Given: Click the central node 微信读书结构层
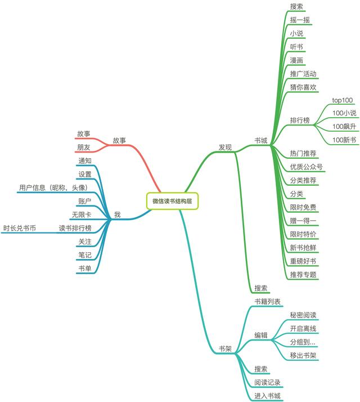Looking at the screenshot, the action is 172,201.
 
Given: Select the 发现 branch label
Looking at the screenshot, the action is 225,147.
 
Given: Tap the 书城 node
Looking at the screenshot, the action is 261,141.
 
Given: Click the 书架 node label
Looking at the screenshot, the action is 225,349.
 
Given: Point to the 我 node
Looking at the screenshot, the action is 118,215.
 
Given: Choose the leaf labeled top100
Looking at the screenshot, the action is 343,100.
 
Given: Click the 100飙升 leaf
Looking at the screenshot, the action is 344,126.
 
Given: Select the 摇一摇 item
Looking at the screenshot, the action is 300,20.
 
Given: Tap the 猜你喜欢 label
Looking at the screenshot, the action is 303,87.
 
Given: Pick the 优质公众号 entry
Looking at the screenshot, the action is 307,167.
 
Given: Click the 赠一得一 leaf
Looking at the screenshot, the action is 303,221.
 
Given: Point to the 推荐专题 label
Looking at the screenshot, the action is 303,275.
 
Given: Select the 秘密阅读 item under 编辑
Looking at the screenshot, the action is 303,315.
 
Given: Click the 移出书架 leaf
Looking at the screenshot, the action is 303,355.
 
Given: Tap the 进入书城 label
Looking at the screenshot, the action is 267,396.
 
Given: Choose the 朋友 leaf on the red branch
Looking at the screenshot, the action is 84,147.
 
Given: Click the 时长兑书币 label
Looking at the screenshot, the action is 20,228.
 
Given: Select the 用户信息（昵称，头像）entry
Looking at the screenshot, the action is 53,187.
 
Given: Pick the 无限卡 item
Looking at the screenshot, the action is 82,215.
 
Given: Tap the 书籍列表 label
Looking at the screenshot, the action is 267,302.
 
